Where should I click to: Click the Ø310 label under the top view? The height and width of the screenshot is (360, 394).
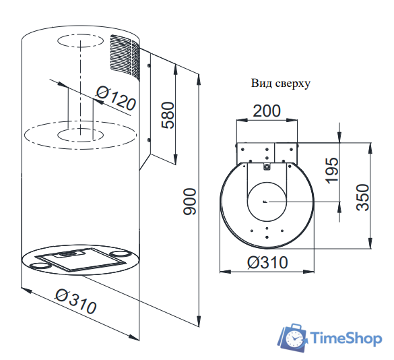(x=267, y=262)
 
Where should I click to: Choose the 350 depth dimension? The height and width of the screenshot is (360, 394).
(x=363, y=198)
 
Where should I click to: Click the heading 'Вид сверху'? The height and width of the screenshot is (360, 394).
(x=280, y=84)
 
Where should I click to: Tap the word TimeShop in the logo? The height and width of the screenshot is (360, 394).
(x=345, y=338)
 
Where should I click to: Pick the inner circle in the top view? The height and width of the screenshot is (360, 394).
(x=267, y=202)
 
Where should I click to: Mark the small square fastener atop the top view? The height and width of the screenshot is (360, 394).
(x=267, y=166)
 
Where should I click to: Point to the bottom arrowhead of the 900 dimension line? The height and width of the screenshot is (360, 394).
(x=199, y=322)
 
